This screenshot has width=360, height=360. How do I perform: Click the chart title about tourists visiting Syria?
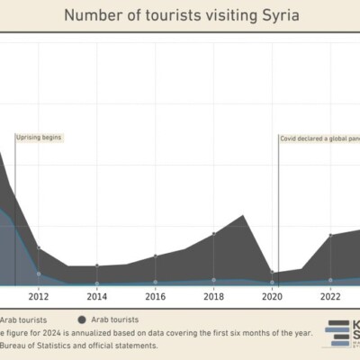pos(180,15)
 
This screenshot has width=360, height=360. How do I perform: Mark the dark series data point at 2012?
pos(38,248)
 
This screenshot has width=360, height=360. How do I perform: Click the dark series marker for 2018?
pos(214,234)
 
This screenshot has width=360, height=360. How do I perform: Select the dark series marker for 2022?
pos(330,236)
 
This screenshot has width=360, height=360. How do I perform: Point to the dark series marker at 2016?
pos(155,256)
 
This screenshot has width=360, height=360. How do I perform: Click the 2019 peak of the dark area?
pos(243,215)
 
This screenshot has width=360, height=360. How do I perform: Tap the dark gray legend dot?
pos(82,319)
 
